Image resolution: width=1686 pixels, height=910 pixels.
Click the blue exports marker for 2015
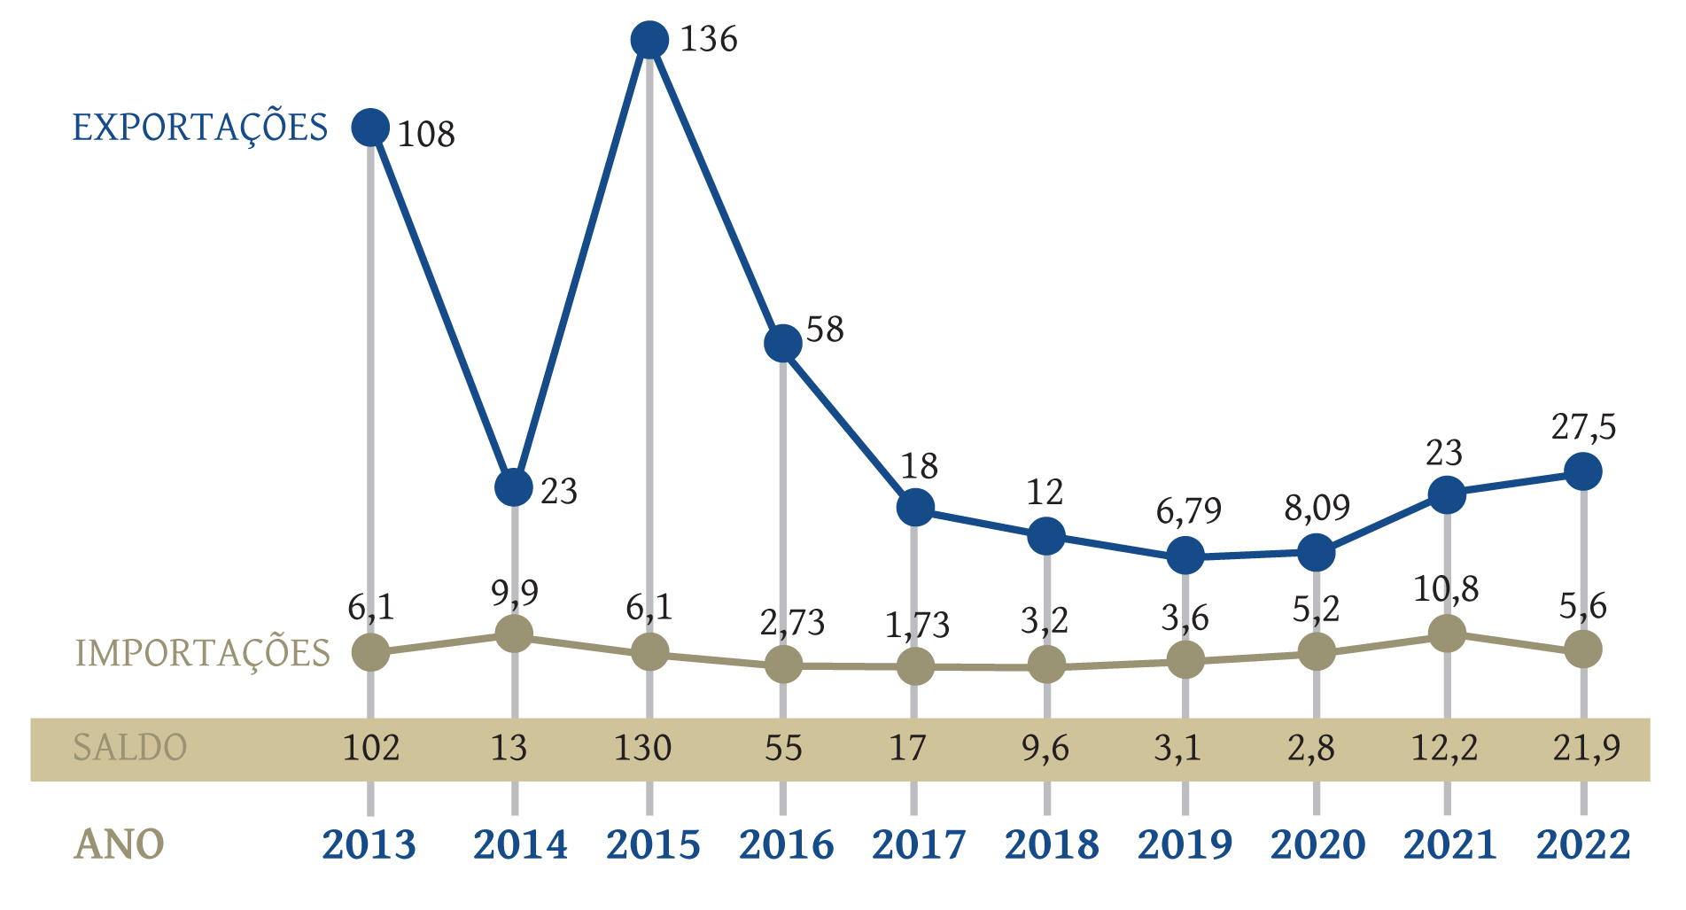point(650,40)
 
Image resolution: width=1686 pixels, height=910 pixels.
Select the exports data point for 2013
point(370,127)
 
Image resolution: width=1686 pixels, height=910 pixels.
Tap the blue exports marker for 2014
point(514,486)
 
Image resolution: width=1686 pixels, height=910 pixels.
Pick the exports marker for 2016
point(783,343)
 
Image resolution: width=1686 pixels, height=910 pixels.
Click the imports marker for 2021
point(1447,633)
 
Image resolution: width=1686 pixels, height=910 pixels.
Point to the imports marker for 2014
point(514,634)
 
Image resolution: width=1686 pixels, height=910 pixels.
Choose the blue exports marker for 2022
point(1583,471)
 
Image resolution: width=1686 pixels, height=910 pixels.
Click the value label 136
point(708,40)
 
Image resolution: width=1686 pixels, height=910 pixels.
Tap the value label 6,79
point(1188,511)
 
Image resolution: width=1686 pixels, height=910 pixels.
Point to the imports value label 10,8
point(1446,589)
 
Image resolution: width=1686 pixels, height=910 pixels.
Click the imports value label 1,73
point(917,626)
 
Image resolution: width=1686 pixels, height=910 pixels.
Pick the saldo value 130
point(643,749)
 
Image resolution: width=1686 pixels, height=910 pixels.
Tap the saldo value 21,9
point(1586,749)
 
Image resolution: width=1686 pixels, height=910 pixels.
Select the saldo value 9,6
point(1045,749)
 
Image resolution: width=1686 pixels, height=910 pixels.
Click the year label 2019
point(1185,845)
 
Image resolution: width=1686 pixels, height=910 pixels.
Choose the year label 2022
point(1583,845)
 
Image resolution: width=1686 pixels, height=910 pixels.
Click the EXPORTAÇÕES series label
point(200,128)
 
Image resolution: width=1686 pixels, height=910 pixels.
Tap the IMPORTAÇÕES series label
point(203,654)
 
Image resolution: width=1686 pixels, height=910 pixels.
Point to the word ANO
point(119,845)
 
